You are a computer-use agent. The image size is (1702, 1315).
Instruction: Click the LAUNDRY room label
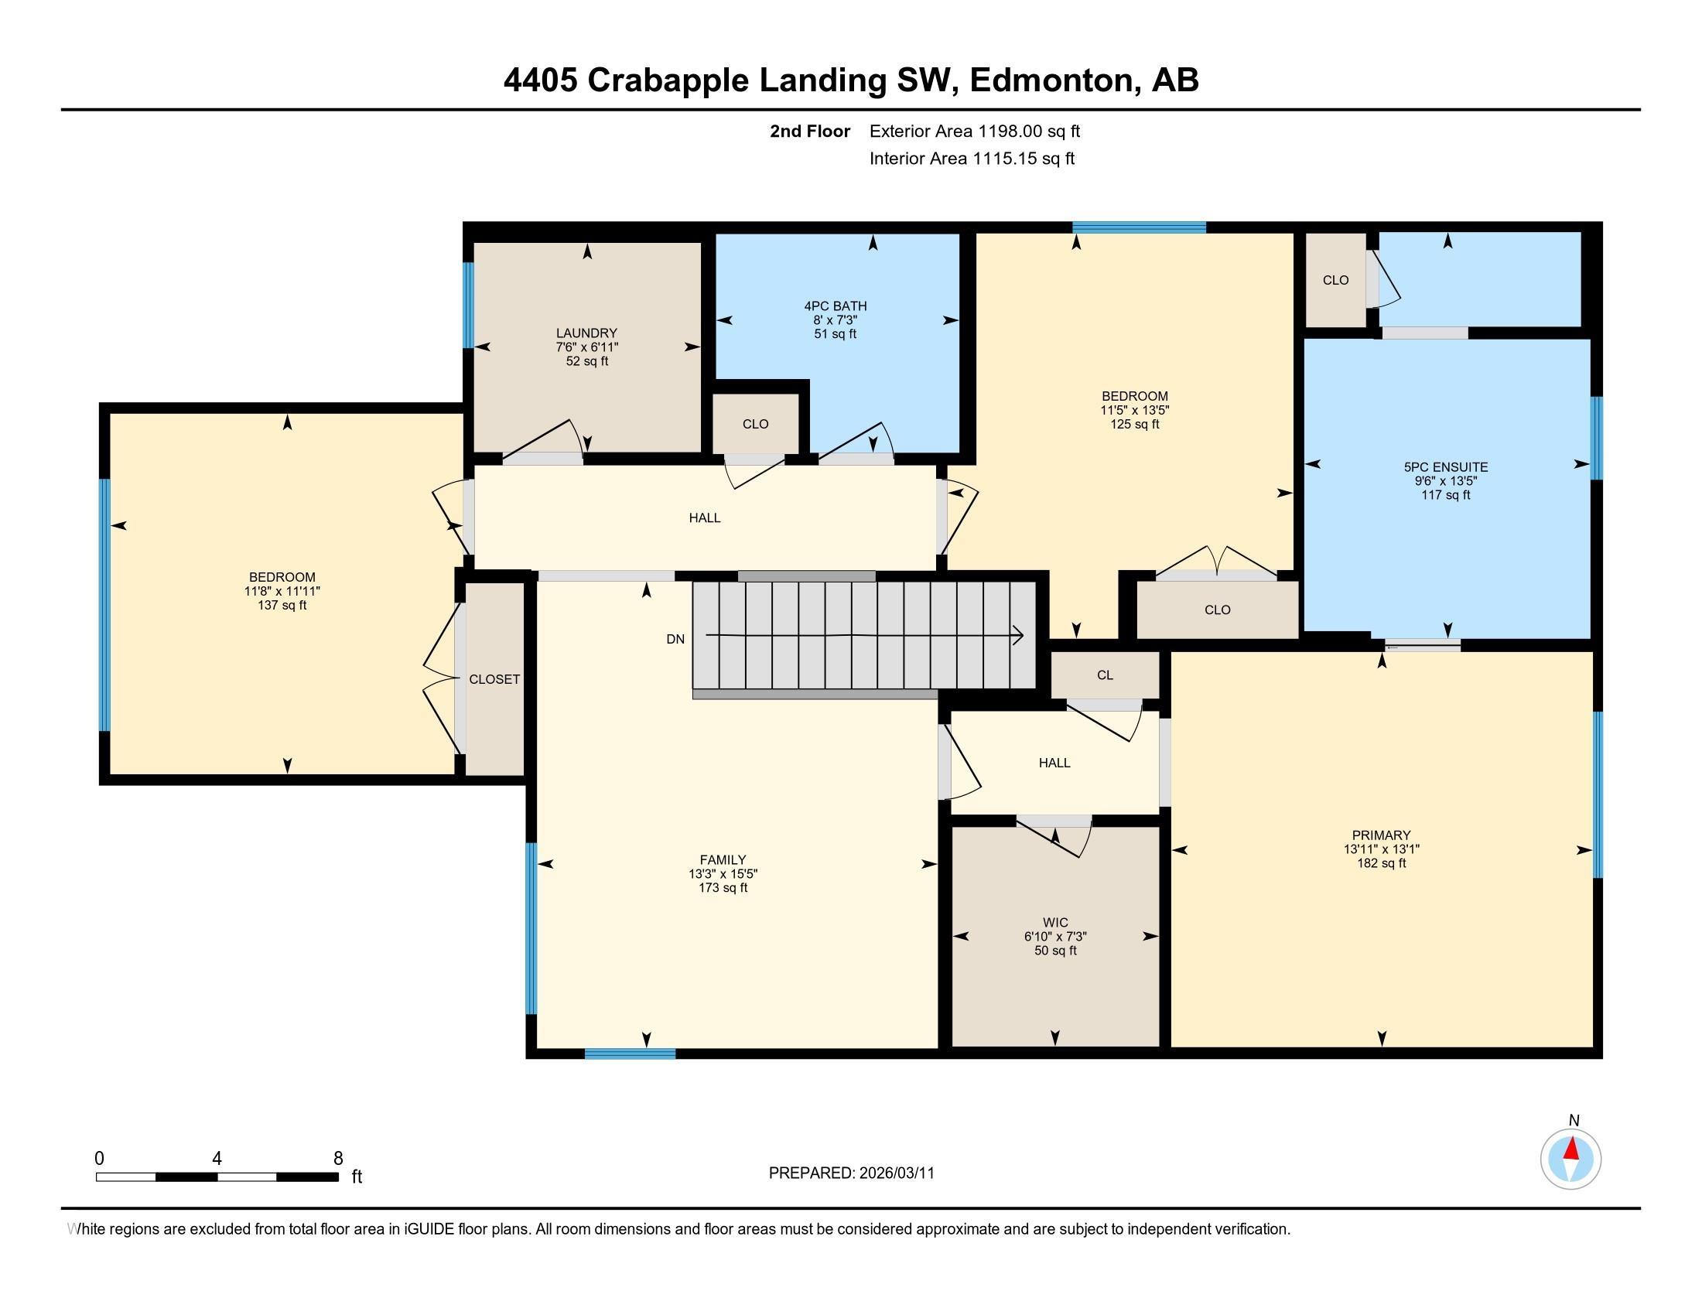[586, 333]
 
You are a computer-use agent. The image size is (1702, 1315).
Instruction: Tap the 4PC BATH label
[836, 306]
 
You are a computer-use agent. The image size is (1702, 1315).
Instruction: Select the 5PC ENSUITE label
[1446, 466]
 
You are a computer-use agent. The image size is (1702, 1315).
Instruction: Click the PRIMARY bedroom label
[1382, 835]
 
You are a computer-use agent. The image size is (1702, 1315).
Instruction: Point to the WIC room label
[1055, 922]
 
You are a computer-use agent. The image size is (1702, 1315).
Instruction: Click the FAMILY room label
[723, 860]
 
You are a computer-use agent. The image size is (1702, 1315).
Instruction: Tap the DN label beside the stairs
[675, 639]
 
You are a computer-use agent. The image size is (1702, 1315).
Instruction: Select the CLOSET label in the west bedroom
[494, 679]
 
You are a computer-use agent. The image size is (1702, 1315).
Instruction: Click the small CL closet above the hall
[1104, 675]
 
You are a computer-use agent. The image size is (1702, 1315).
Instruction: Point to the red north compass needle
[1571, 1149]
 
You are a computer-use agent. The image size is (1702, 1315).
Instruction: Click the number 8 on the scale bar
[338, 1159]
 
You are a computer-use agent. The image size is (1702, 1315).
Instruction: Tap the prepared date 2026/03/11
[896, 1173]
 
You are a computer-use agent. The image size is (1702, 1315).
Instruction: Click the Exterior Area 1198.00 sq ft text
[974, 131]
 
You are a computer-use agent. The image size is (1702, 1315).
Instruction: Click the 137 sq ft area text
[282, 606]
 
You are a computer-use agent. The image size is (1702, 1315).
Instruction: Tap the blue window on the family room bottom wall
[630, 1054]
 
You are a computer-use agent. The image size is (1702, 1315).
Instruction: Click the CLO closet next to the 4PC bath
[755, 424]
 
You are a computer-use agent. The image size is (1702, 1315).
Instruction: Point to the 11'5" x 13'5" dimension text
[1135, 411]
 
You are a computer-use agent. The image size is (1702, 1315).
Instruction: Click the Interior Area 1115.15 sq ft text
[972, 159]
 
